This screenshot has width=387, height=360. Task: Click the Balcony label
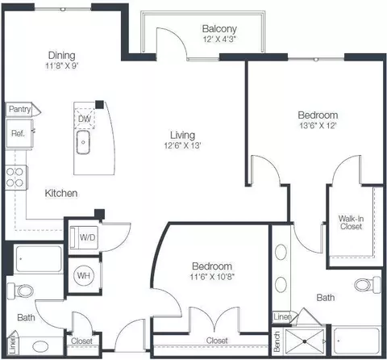click(x=219, y=28)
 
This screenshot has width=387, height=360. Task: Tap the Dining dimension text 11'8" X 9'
click(x=62, y=65)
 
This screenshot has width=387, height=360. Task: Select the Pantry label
click(x=19, y=109)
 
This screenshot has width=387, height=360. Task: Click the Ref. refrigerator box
click(x=19, y=133)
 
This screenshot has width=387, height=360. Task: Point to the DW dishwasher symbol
click(x=85, y=119)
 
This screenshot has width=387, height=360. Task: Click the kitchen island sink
click(x=83, y=142)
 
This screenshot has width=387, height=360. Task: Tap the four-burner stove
click(x=16, y=178)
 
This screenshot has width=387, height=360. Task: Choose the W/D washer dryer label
click(x=88, y=237)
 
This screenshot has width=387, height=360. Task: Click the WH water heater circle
click(x=84, y=275)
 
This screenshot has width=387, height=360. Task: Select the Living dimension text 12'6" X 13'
click(x=183, y=145)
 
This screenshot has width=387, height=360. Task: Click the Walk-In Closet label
click(x=351, y=222)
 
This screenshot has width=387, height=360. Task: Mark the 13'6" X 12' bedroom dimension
click(x=318, y=125)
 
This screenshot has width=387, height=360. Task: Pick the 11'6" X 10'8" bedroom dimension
click(x=212, y=277)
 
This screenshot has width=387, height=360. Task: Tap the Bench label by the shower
click(x=277, y=341)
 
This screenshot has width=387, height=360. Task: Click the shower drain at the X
click(x=305, y=341)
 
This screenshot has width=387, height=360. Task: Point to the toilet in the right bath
click(x=368, y=285)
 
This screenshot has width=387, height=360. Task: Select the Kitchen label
click(x=61, y=193)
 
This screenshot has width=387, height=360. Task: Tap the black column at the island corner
click(x=100, y=105)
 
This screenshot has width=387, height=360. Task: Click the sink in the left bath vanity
click(x=40, y=345)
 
